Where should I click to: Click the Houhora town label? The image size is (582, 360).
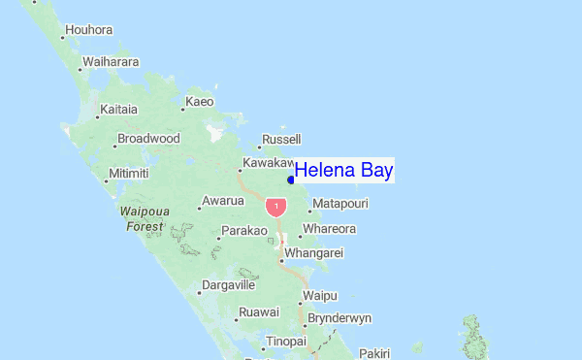[x=89, y=30]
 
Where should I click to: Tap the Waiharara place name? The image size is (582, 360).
[x=111, y=61]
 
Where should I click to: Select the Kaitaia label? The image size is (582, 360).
[x=118, y=109]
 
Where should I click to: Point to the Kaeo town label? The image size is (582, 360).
[x=199, y=101]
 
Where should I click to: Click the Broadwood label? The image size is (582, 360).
[x=148, y=139]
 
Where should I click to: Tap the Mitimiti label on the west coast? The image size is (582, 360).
[x=128, y=174]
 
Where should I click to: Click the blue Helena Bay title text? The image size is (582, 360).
[x=343, y=171]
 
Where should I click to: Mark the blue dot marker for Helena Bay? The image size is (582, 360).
[x=291, y=179]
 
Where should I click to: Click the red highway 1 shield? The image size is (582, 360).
[x=277, y=207]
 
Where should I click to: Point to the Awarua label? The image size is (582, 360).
[x=221, y=202]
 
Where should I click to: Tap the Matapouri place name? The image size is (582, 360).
[x=340, y=203]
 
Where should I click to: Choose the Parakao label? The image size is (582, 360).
[x=243, y=231]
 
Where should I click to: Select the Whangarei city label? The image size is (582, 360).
[x=314, y=252]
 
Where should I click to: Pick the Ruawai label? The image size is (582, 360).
[x=258, y=311]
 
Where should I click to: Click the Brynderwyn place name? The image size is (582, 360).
[x=339, y=317]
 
